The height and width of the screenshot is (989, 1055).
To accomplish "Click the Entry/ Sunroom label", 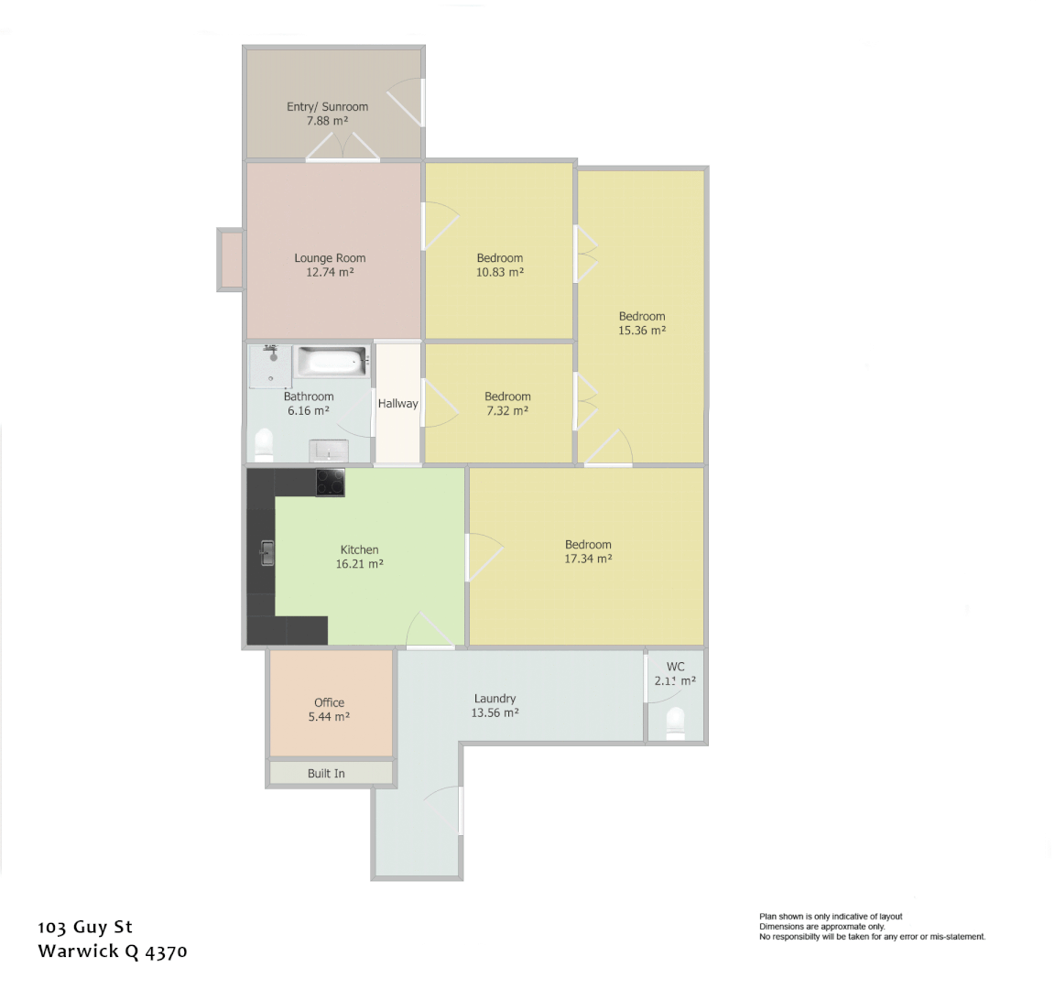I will point(327,106).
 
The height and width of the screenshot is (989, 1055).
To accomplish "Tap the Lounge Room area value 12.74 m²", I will point(330,272).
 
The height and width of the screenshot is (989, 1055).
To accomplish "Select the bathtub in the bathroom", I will point(331,361).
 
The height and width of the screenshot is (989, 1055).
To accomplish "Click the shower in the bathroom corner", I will point(271,366).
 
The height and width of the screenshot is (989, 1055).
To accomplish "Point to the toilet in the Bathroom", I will point(264,444).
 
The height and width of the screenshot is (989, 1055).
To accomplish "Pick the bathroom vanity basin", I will point(328,451).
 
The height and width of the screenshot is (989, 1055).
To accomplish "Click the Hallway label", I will point(397,403).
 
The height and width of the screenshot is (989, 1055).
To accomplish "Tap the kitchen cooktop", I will point(330,482).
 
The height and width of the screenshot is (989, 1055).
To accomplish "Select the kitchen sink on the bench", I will point(266,553).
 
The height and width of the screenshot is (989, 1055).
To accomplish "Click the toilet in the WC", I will point(676,722).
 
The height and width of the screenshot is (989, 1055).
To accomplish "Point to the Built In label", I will point(326,773).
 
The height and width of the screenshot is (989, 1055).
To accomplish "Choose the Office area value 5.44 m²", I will point(329,717).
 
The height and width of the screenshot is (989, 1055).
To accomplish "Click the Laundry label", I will point(495,698).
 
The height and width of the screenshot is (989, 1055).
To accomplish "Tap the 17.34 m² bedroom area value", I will point(588,559).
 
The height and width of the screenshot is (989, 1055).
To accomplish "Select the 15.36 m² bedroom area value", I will point(642,331).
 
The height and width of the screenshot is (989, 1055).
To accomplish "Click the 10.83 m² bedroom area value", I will point(500,272).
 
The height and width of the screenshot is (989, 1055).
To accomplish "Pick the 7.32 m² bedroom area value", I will point(507,411).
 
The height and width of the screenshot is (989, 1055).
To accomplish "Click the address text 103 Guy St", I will point(85,927).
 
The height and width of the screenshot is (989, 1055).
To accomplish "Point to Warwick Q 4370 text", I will point(113,951).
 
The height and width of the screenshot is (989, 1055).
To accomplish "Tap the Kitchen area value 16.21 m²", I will point(359,564).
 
